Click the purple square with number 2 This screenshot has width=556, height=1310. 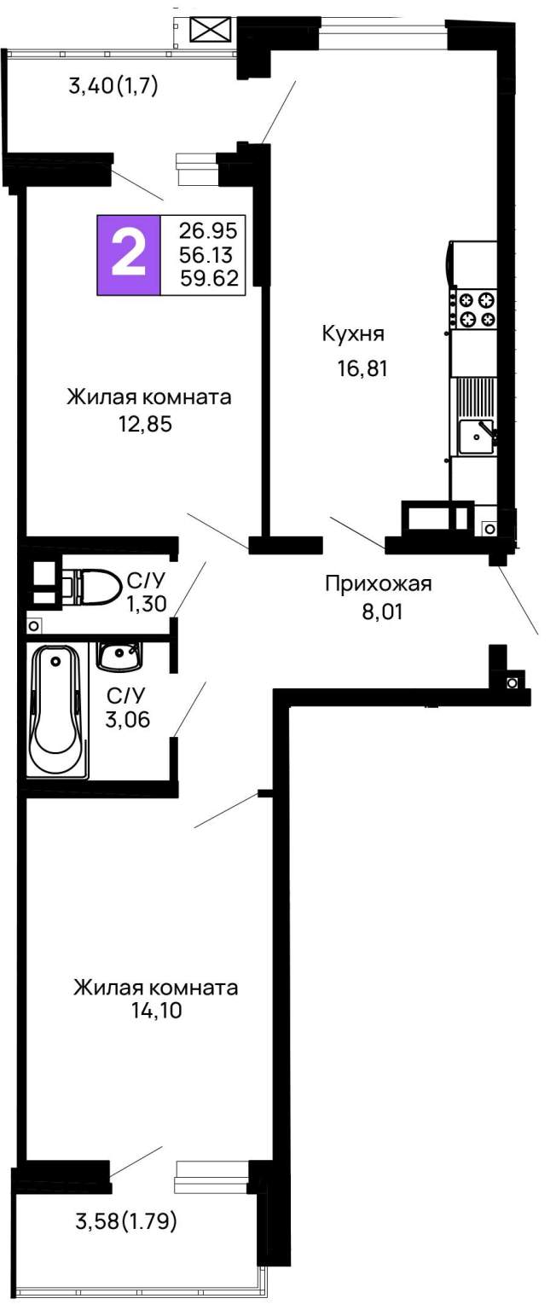point(128,255)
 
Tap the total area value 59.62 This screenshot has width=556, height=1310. point(209,278)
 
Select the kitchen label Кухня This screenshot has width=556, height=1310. point(354,334)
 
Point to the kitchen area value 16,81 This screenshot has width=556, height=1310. point(362,368)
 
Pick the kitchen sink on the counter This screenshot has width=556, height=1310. point(476,437)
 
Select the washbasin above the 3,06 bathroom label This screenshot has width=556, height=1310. point(119,655)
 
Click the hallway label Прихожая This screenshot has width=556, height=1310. point(379,583)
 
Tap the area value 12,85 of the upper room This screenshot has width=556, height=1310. point(146,424)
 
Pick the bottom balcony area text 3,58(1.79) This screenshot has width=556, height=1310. point(126,1221)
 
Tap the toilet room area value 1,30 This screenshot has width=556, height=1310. point(148,603)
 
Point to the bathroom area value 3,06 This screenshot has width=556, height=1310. point(127,719)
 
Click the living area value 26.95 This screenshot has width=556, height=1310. point(208,231)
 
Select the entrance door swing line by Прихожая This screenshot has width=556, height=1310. point(518,600)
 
